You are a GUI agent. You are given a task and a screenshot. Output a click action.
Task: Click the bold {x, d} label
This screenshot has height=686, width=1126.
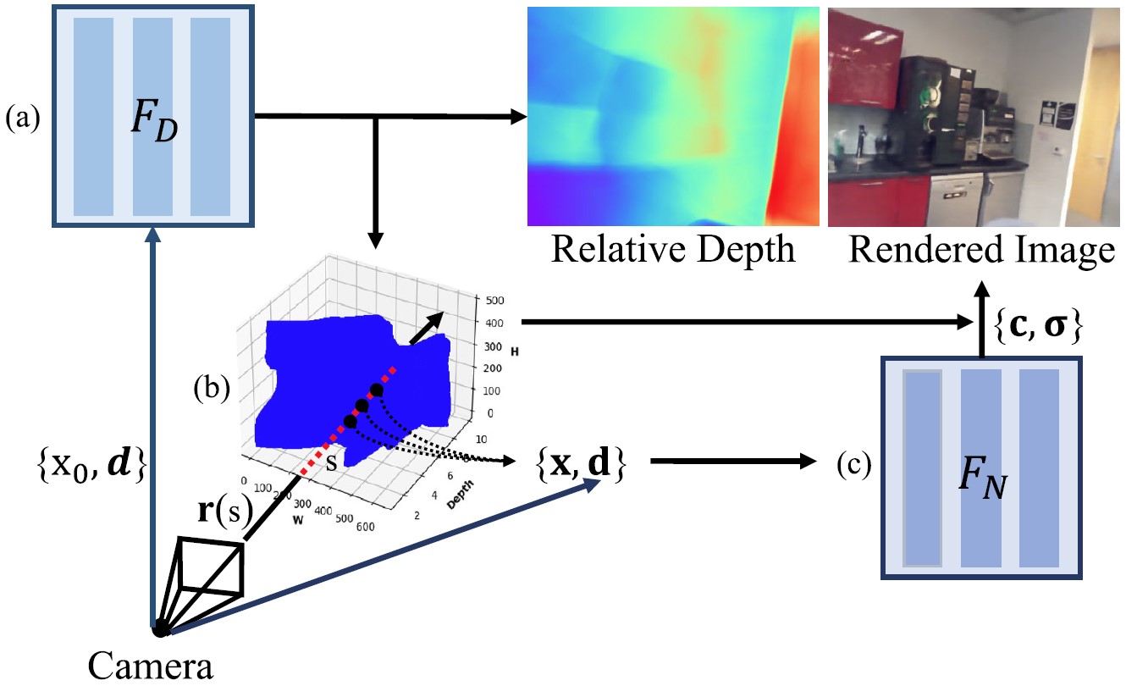580,464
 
